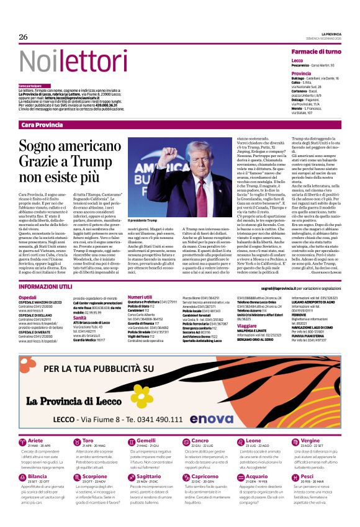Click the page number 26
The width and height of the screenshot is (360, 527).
[24, 37]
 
